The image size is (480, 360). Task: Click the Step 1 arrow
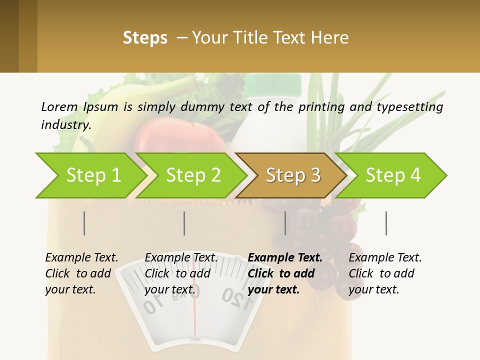coord(90,175)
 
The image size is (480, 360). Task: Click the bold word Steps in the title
coord(145,38)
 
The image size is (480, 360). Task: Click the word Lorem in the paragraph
coord(59,106)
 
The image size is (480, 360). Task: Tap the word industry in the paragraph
coord(65,124)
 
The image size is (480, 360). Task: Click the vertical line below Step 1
coord(84,223)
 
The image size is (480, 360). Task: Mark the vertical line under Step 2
coord(184,223)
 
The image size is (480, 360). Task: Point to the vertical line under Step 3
coord(285,223)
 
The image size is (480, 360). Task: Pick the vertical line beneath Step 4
coord(386,223)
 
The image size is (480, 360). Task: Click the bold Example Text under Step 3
coord(285,257)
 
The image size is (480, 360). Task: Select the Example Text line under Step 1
coord(81,257)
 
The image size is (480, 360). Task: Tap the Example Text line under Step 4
coord(385,257)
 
